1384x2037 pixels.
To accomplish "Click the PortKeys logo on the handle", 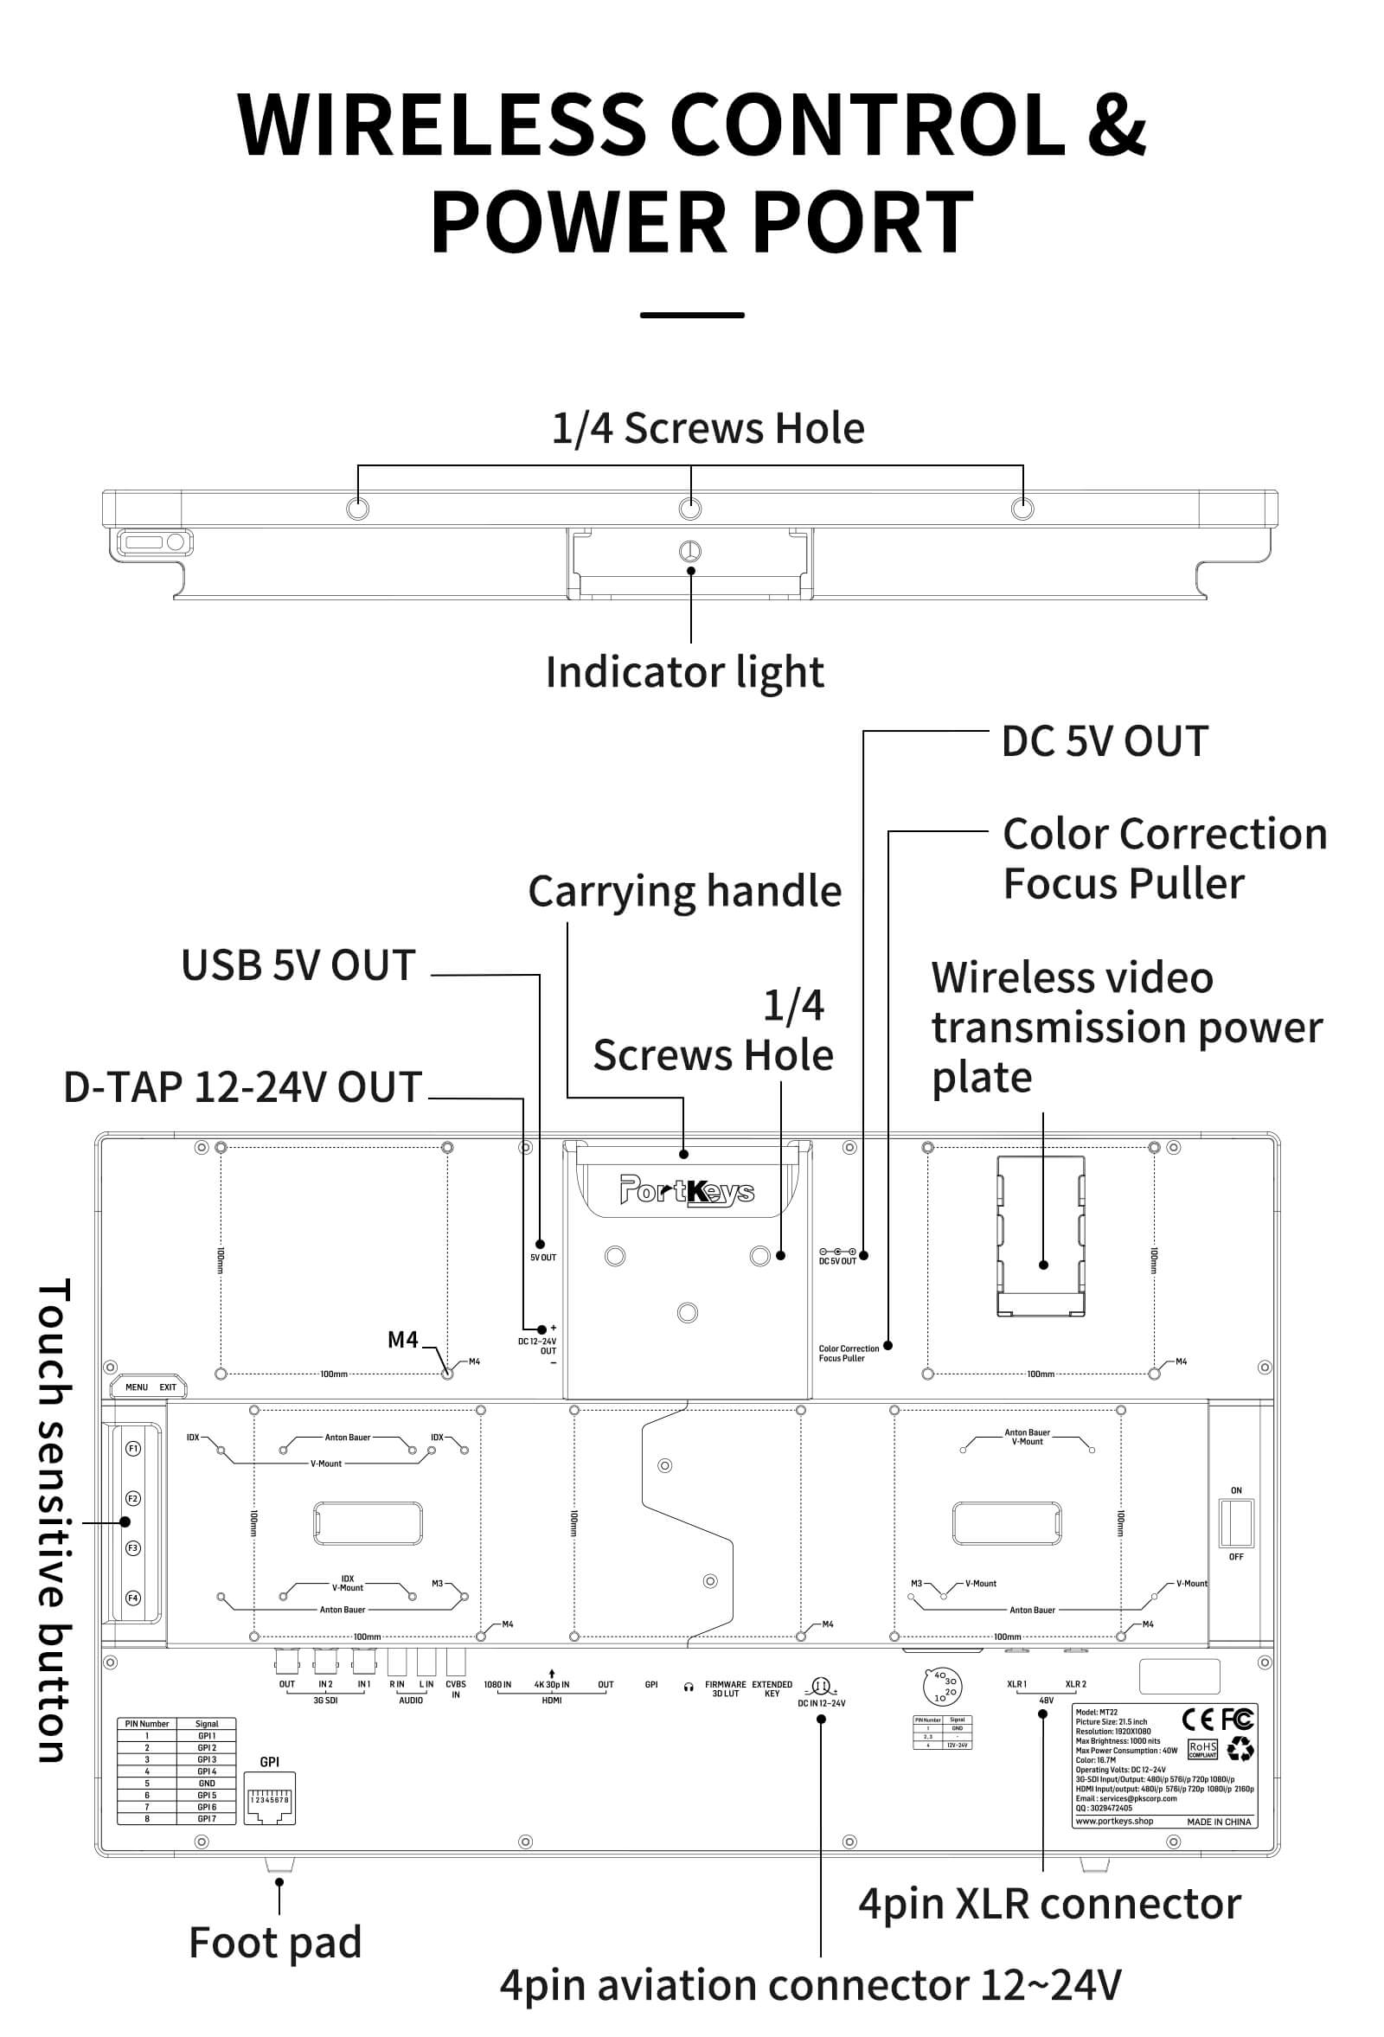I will (x=687, y=1190).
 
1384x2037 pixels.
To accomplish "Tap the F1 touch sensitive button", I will (x=133, y=1449).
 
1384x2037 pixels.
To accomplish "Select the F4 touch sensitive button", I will (x=133, y=1598).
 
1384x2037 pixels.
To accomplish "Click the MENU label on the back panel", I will (x=136, y=1387).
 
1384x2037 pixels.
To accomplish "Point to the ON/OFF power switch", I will (x=1236, y=1523).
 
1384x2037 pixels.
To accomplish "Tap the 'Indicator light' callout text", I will (x=684, y=672).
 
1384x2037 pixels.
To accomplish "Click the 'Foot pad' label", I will (x=275, y=1942).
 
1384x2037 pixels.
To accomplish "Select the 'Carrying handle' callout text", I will (x=684, y=892).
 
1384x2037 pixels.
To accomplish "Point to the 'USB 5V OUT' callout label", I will (x=298, y=965).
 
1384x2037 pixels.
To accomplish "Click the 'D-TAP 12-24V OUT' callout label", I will (x=243, y=1087).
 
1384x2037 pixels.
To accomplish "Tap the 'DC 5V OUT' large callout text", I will (x=1105, y=741).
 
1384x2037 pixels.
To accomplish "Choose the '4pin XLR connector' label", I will (x=1049, y=1904).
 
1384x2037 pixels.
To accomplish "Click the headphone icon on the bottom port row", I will (x=689, y=1688).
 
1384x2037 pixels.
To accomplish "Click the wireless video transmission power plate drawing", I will (x=1041, y=1236).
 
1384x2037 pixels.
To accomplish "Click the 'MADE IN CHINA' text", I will (x=1219, y=1822).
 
